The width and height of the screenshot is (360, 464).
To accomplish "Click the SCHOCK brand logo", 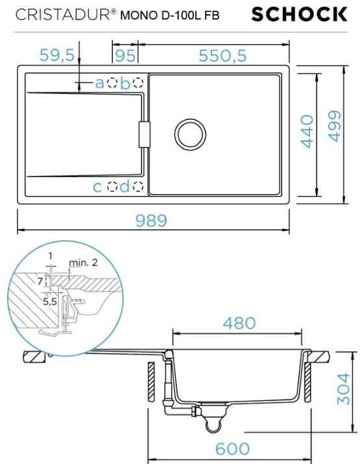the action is coord(299,14).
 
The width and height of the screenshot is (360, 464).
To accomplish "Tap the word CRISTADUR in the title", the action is coord(63,15).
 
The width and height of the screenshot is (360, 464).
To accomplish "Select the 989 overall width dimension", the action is coord(151,221).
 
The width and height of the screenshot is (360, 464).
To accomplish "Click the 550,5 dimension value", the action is coord(222,56).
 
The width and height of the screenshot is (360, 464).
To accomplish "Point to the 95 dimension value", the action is coord(125,56).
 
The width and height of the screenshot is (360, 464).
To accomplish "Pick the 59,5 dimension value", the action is coord(57,55).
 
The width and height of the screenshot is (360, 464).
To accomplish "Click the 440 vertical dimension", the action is coord(307,131).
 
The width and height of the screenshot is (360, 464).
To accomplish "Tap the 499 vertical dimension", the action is coord(334,127).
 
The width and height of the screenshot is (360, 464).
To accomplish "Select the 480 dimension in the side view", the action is coord(239,323).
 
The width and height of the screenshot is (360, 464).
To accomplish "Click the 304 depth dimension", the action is coord(343,389).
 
